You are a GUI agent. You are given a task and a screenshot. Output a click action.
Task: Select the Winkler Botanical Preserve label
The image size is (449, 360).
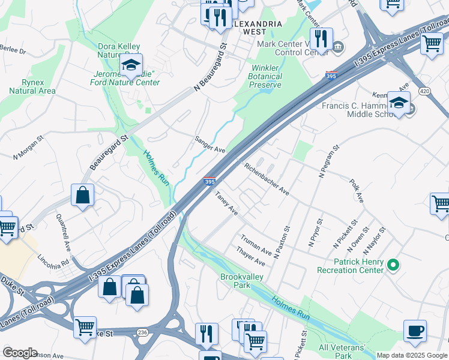click(x=265, y=76)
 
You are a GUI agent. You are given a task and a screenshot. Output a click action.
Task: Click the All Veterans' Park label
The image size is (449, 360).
click(x=342, y=352)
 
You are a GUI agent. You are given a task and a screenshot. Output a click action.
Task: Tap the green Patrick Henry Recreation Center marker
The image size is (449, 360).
click(x=393, y=264)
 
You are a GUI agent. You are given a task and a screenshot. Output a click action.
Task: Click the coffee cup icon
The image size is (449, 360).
click(x=415, y=331)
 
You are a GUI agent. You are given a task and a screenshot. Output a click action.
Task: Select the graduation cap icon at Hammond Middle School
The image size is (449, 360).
click(x=399, y=103)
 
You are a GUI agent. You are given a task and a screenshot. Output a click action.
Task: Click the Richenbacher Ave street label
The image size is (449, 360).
click(x=267, y=178)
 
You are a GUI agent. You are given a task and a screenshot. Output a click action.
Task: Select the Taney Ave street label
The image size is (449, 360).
click(x=226, y=203)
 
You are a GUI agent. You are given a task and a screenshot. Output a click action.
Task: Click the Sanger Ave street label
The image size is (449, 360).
click(x=209, y=145)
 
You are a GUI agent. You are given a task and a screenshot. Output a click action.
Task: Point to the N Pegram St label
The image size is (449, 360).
click(x=330, y=161)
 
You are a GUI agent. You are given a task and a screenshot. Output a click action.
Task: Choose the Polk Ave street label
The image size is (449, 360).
click(x=357, y=189)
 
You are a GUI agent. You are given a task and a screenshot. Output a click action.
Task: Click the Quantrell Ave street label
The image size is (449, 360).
click(x=64, y=232)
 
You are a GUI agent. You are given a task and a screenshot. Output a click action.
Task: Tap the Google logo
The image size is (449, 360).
click(x=20, y=353)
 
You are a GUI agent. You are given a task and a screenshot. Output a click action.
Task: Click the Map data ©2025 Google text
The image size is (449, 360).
click(x=412, y=355)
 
